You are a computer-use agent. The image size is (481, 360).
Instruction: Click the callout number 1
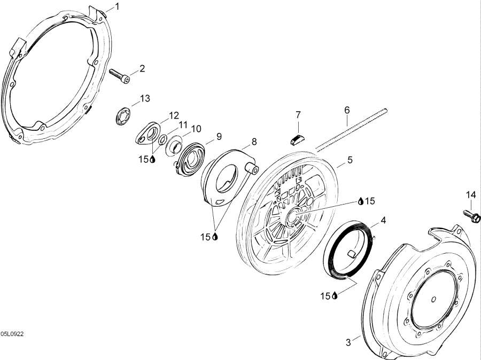coord(118,6)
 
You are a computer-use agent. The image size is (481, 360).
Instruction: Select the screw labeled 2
coord(120,75)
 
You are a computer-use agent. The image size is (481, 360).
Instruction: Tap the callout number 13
coord(145,98)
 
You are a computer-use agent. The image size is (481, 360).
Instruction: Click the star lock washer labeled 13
coord(123,116)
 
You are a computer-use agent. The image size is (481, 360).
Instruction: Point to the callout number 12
coord(173,115)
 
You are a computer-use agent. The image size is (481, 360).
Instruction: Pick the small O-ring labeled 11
coord(163,140)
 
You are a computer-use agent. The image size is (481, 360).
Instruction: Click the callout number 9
coord(219,136)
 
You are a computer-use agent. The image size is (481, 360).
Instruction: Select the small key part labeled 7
coord(297,139)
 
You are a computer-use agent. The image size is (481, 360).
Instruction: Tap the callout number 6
coord(347,110)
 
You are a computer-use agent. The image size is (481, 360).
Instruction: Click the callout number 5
coord(350,160)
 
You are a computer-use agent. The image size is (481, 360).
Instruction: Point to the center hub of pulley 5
coord(293,214)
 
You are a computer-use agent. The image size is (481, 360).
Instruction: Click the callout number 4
coord(383,220)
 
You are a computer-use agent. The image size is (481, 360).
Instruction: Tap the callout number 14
coord(471,195)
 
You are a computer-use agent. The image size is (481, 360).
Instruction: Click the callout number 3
coord(348,342)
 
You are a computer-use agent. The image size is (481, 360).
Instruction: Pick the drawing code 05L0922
coord(12,334)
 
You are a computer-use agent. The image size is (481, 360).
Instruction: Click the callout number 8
coord(254,142)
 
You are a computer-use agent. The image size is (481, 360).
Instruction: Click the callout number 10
coord(196,129)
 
